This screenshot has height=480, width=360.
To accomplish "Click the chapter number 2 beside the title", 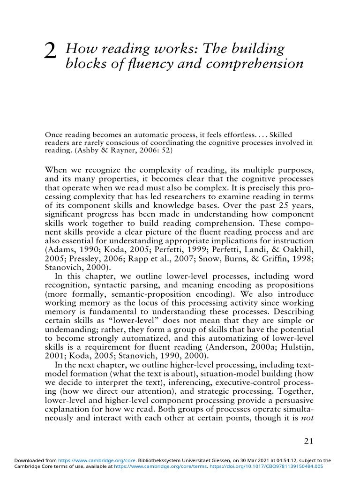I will tap(50, 52).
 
